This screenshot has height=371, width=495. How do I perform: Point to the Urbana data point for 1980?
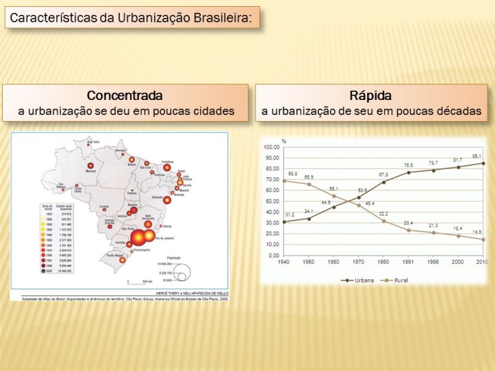coord(383,183)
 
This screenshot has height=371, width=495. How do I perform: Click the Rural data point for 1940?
coord(284,181)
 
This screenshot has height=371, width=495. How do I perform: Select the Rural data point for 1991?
coord(408,230)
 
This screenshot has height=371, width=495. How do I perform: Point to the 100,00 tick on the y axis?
coord(272,148)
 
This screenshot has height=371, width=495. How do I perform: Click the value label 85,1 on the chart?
coord(477,155)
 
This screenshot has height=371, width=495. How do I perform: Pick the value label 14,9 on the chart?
coord(477,232)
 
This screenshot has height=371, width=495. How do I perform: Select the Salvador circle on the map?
coord(167,200)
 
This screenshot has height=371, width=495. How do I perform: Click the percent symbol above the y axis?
coord(284,141)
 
